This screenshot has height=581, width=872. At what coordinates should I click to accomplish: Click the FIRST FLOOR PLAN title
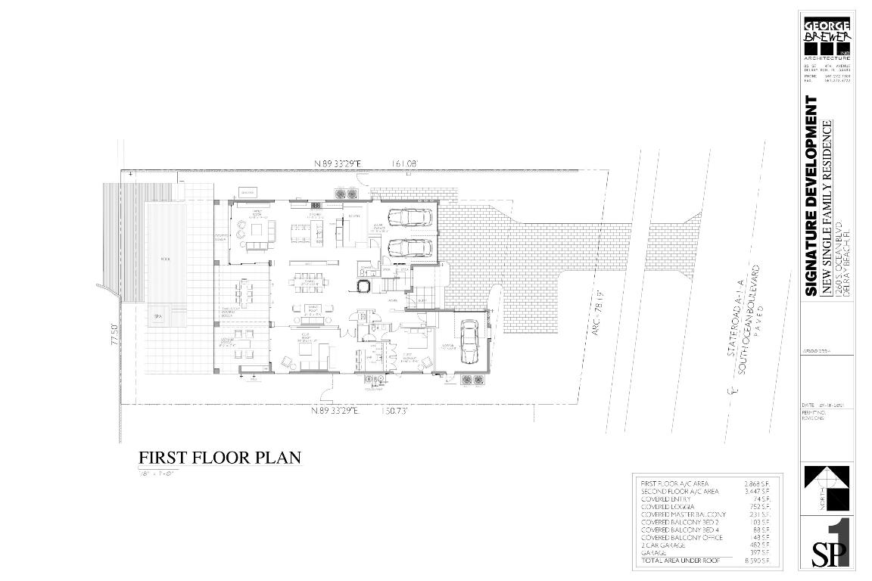[x=220, y=458]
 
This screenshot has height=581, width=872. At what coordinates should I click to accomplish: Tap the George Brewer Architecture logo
[x=827, y=37]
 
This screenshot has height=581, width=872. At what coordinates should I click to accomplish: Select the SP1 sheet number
[x=830, y=544]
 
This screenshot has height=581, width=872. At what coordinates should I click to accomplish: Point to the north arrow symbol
[x=827, y=488]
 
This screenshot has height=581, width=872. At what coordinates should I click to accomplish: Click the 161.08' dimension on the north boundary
[x=405, y=163]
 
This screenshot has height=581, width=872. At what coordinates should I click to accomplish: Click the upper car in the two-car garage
[x=410, y=218]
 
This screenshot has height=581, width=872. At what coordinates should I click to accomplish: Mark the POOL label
[x=165, y=259]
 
